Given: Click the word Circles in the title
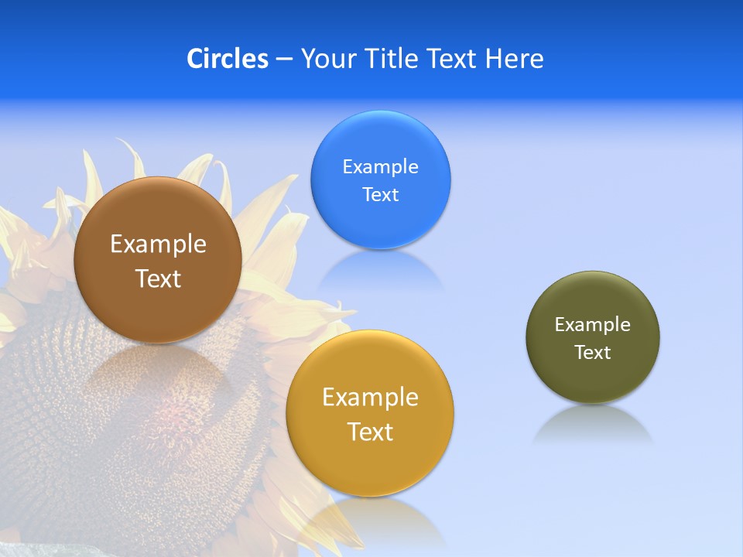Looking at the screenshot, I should coord(228,59).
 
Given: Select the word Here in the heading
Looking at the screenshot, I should coord(515,59).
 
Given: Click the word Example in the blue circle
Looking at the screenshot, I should coord(380,167).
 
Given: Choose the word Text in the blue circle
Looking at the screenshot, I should coord(380,195).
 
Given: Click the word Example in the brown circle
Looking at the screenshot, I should coord(158,244).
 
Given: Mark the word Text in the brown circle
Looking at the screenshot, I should coord(158,278).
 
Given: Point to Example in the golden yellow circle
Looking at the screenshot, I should coord(370,398).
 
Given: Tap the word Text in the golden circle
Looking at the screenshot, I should coord(370,432).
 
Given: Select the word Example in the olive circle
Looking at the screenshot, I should coord(593,325).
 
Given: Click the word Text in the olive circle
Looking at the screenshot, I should coord(593,353).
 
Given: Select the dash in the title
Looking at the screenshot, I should coord(284,60).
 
